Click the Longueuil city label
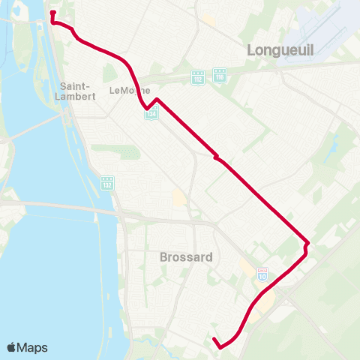click(280, 50)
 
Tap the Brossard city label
click(186, 256)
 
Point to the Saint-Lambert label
click(75, 91)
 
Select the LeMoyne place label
click(125, 91)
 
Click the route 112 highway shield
click(197, 77)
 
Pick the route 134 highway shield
click(152, 113)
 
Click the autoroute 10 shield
click(262, 274)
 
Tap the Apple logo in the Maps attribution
click(12, 347)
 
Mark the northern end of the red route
click(52, 13)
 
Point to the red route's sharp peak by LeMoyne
click(157, 99)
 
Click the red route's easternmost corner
click(307, 242)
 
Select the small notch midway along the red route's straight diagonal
click(216, 157)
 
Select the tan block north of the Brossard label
click(179, 199)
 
